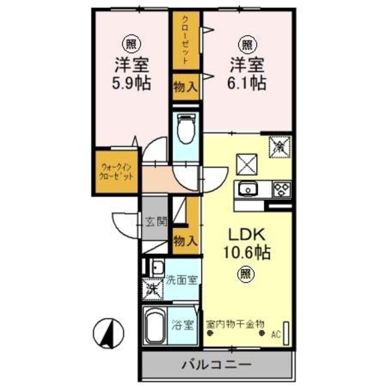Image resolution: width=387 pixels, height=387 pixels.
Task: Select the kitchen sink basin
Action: [x=247, y=190]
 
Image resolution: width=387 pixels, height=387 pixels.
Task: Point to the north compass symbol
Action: [x=108, y=333]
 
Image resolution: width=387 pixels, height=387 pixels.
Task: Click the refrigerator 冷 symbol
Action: [x=279, y=147]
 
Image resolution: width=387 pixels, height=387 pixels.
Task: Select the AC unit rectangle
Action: [x=286, y=332]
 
